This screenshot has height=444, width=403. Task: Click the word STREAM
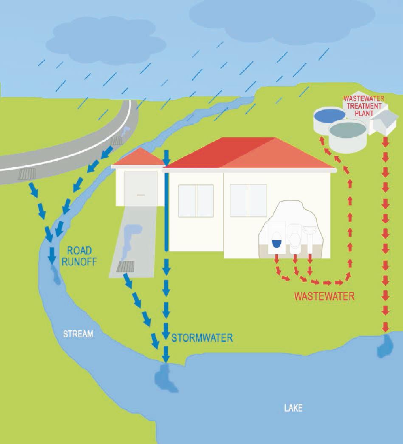78,334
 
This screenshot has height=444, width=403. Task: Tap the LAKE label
293,408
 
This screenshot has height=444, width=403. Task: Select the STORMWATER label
202,338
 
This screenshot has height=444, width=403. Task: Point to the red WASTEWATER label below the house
324,296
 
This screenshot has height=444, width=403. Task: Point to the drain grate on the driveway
125,267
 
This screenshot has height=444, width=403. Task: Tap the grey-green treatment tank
347,134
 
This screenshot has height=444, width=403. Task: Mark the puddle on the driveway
129,238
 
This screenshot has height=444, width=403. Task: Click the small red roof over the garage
138,158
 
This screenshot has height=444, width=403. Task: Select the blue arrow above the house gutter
166,157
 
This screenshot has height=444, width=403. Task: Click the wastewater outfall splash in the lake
385,346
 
